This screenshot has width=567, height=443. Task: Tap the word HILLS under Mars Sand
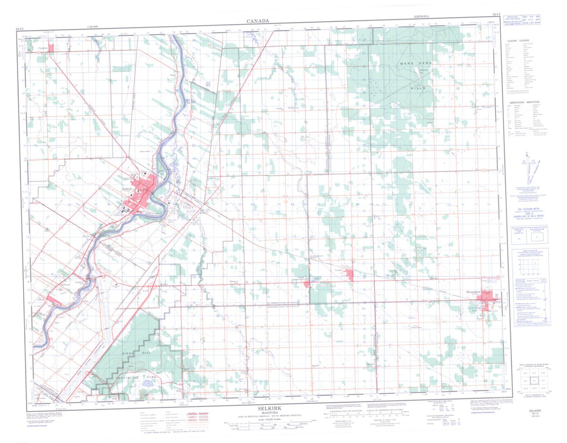click(x=419, y=88)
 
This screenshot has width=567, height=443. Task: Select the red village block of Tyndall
click(x=350, y=275)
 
